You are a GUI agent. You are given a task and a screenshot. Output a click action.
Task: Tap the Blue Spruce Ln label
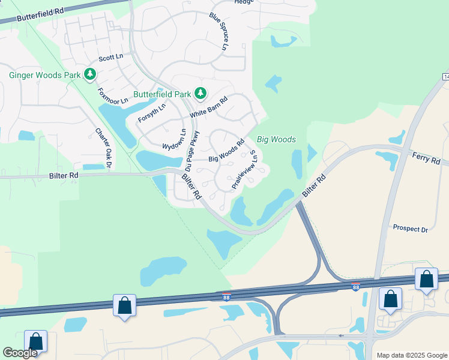coord(219,31)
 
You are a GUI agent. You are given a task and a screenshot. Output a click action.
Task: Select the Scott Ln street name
coord(110,58)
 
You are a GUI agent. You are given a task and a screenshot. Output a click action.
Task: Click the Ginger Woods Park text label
coord(44,75)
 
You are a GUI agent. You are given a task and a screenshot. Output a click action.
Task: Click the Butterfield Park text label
coord(161,94)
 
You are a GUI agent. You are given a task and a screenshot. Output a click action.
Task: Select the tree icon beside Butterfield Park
coord(200,94)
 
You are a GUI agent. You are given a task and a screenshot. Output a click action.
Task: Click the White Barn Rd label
coord(208,108)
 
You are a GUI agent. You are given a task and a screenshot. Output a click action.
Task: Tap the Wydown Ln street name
coord(174,139)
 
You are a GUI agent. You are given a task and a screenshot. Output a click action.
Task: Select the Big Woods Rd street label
coord(226,151)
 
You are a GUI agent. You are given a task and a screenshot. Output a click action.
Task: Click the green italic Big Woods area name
coord(276,139)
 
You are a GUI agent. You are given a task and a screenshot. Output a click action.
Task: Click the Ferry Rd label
coord(426,158)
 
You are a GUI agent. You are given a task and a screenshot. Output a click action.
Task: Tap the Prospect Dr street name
coord(410,229)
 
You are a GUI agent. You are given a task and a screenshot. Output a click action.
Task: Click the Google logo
coord(20,353)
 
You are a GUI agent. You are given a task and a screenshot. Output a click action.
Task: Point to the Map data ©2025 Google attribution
coord(411,355)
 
